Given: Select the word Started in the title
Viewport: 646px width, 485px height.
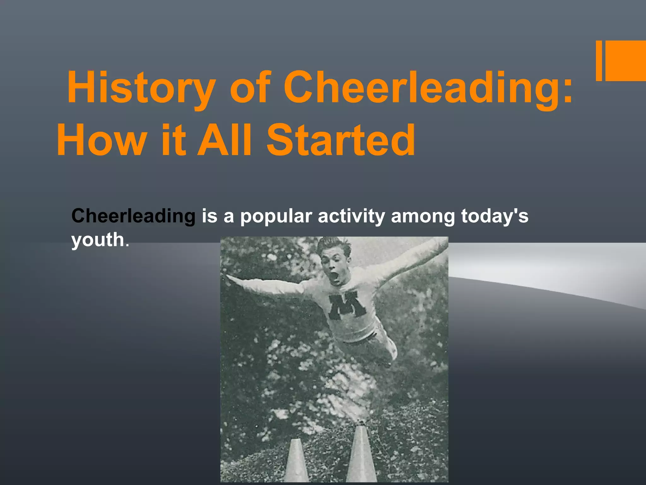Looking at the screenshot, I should [x=341, y=140].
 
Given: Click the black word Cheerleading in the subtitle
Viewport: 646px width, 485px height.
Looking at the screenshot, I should [x=133, y=216].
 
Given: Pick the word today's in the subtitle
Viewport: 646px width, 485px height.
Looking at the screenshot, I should [x=495, y=216].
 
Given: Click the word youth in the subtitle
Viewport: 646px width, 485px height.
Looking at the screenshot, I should [x=98, y=240].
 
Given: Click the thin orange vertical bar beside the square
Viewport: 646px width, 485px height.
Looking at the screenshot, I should [x=599, y=61].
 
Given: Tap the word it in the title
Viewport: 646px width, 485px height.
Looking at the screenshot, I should [x=173, y=140].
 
